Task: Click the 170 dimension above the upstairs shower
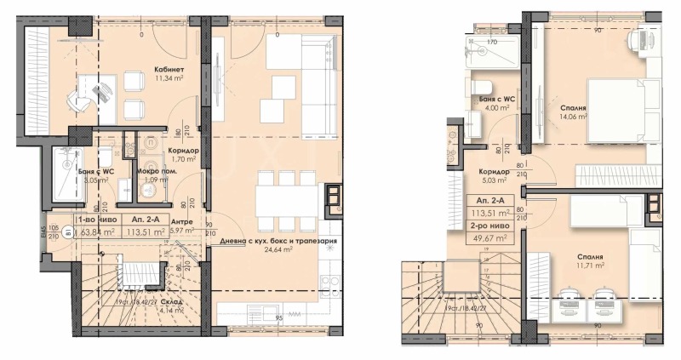pyautogui.click(x=491, y=41)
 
